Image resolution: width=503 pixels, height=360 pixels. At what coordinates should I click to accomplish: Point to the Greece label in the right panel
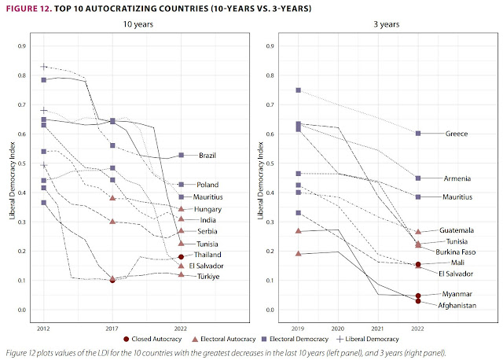(457, 134)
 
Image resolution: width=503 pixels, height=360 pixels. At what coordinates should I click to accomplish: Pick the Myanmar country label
(457, 294)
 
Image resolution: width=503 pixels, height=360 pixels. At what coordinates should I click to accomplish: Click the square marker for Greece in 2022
(418, 134)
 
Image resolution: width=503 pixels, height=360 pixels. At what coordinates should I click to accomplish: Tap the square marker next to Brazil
(181, 156)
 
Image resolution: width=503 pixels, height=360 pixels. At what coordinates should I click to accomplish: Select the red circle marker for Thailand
(181, 257)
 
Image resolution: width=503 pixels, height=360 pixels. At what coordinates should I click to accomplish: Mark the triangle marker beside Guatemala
(418, 231)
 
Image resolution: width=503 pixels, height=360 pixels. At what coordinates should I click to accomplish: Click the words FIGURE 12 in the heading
(31, 9)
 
